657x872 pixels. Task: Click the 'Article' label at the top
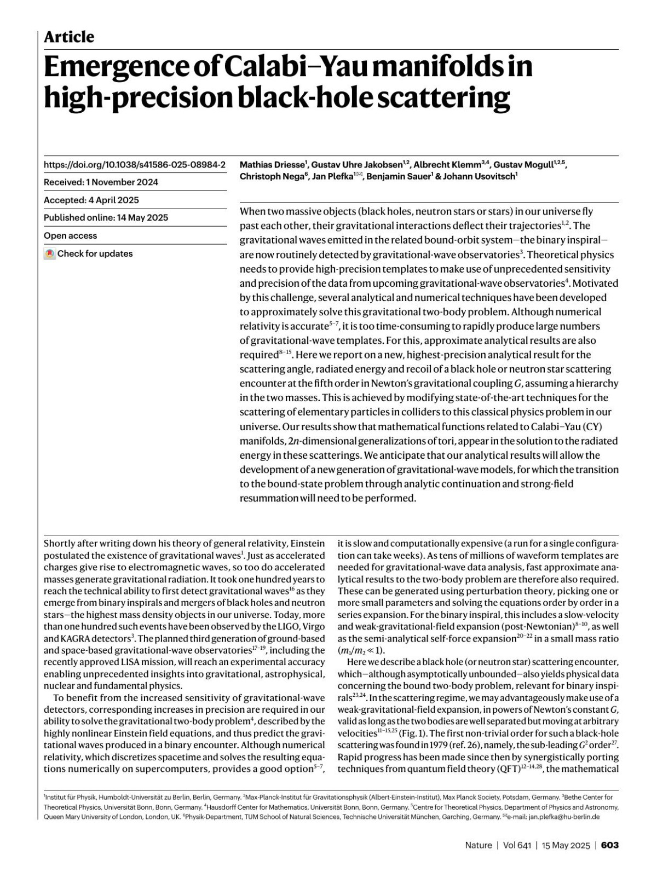click(69, 37)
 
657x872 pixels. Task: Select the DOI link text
click(134, 164)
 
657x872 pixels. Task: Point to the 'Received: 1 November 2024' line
click(101, 182)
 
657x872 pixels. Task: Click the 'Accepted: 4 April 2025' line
click(91, 200)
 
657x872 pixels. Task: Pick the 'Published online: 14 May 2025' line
click(106, 217)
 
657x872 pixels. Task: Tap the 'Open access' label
click(70, 235)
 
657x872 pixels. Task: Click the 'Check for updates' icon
click(50, 254)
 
